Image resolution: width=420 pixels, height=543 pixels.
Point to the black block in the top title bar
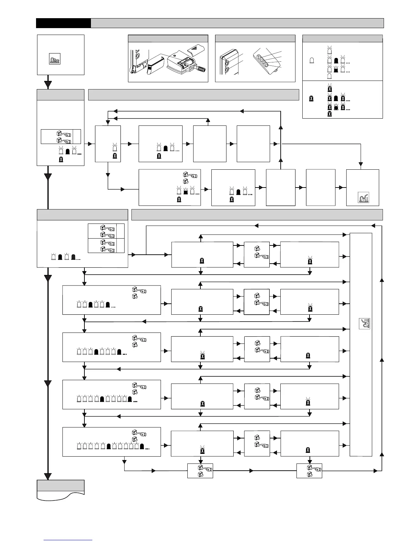point(63,23)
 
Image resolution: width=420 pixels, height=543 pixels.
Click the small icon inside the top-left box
point(55,59)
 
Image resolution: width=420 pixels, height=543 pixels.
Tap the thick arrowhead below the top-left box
point(48,84)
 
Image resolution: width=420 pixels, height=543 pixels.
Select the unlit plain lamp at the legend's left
point(312,60)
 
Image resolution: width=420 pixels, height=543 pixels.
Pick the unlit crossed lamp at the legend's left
point(311,99)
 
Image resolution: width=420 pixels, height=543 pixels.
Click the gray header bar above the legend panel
point(342,38)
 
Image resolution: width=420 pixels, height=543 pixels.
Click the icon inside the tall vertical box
point(364,324)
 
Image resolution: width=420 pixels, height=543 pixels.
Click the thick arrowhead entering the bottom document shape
point(48,476)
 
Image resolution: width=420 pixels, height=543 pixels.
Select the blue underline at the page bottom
point(68,540)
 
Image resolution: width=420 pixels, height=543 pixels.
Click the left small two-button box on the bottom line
point(200,471)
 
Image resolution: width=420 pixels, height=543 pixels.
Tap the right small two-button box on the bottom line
point(309,471)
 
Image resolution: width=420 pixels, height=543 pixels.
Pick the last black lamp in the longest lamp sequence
point(142,446)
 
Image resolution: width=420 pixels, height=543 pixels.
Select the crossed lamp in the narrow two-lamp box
point(115,156)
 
